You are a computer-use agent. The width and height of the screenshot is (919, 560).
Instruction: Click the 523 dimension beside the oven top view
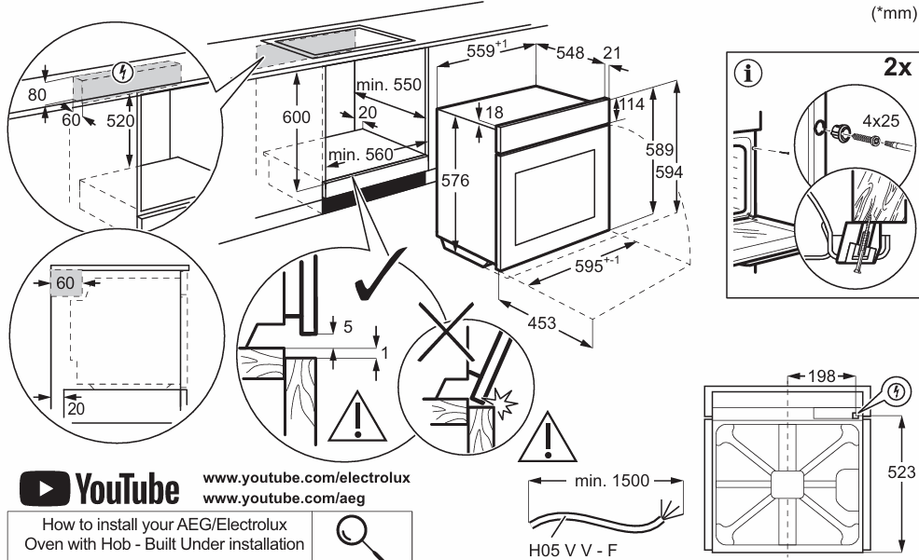902,471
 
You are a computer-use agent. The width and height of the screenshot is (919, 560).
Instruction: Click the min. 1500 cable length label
610,484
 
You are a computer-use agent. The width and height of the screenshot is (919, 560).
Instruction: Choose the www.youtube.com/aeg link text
277,495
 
